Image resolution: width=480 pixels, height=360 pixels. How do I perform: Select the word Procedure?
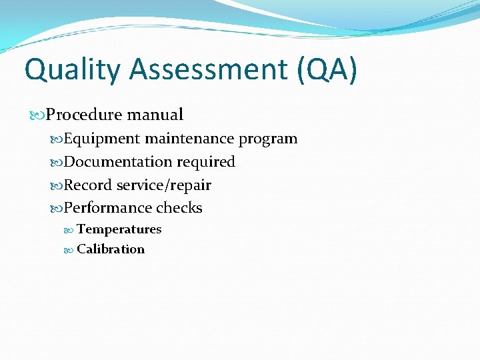[x=84, y=115]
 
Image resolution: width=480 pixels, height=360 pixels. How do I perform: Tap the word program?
[x=268, y=139]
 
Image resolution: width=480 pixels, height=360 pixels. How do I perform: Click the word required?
[x=206, y=162]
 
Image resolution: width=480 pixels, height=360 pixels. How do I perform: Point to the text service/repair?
[x=163, y=185]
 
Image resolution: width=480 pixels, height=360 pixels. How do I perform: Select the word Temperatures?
[x=119, y=229]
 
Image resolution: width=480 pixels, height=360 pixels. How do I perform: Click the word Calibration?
[x=111, y=249]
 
